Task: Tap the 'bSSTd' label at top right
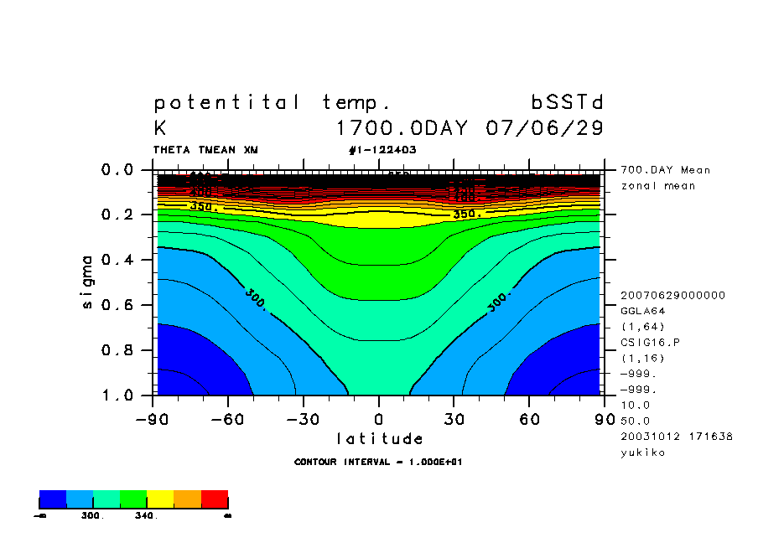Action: tap(568, 103)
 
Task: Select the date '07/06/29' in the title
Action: tap(544, 129)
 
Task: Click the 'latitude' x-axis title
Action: tap(380, 439)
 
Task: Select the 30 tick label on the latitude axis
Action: tap(454, 419)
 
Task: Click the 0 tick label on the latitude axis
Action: tap(379, 419)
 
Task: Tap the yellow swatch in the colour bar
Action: tap(160, 499)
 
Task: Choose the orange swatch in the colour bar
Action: tap(187, 499)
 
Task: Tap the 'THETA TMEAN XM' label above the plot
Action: tap(205, 150)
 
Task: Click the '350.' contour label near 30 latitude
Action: tap(466, 215)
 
